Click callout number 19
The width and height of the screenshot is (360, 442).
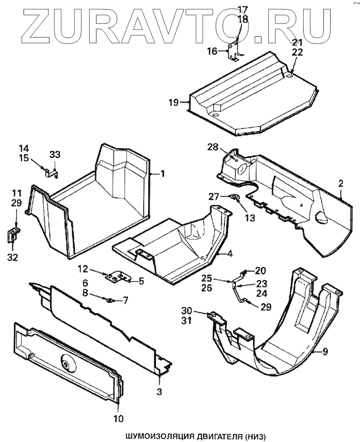click(174, 102)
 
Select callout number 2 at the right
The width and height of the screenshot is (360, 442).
click(341, 184)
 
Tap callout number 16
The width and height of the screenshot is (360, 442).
click(213, 51)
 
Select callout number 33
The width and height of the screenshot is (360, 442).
click(54, 155)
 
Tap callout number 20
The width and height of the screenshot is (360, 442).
click(260, 270)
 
